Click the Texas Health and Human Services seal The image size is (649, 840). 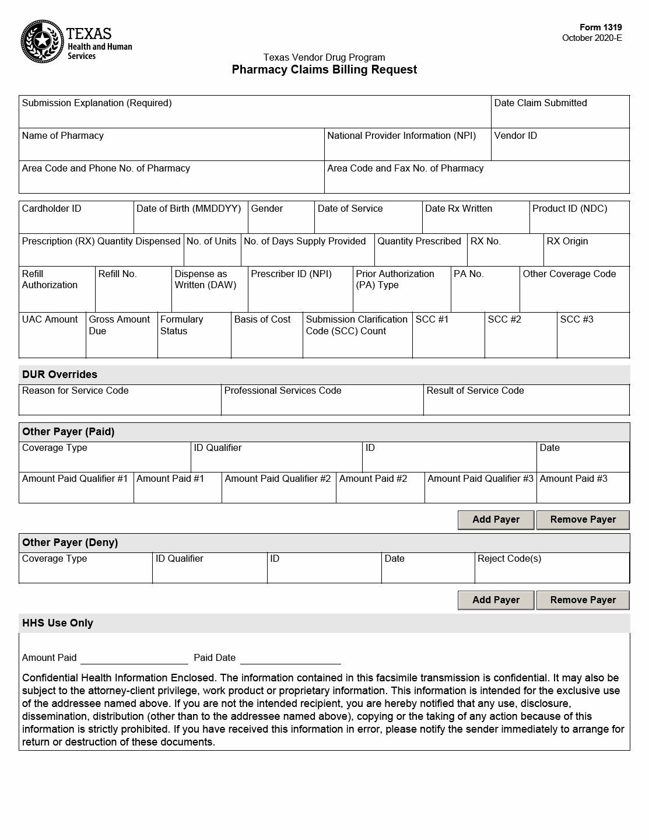tap(41, 41)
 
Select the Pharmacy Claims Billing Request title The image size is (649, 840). tap(324, 70)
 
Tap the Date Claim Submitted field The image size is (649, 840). tap(560, 117)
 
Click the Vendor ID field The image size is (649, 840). tap(560, 149)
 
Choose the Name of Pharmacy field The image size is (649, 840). tap(171, 149)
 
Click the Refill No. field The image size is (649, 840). tap(133, 295)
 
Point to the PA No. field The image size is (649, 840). tap(485, 295)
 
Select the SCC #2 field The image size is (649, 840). tap(520, 341)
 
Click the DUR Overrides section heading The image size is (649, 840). tap(59, 374)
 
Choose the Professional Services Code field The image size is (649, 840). tap(322, 404)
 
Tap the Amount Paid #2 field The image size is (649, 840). tap(380, 493)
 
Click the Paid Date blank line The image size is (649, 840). tap(290, 658)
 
